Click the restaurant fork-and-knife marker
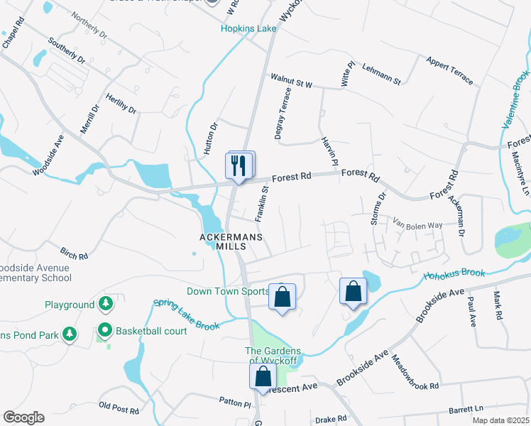[x=240, y=166]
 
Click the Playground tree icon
[x=106, y=305]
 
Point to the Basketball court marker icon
[x=105, y=330]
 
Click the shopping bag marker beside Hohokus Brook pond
[x=353, y=290]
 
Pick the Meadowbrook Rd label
[x=415, y=376]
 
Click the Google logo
[x=23, y=417]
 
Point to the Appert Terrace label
[x=449, y=70]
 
